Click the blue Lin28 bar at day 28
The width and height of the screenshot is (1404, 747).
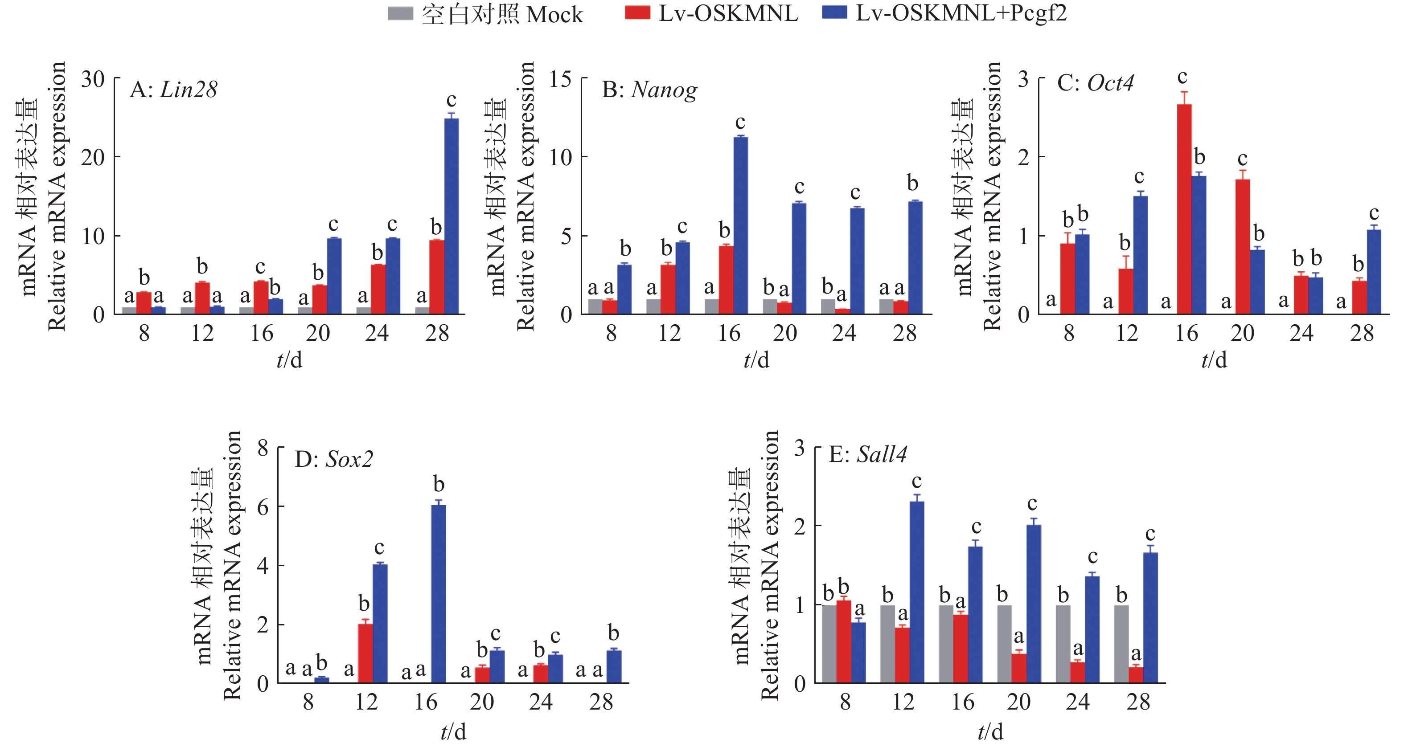pos(451,216)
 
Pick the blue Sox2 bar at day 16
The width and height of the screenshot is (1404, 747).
pos(438,594)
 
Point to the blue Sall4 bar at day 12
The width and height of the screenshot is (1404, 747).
pos(917,592)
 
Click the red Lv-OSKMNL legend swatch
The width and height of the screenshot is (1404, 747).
pos(637,13)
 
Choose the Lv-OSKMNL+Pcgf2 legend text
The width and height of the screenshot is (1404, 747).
pos(961,13)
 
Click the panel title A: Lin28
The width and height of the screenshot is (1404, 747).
pos(173,90)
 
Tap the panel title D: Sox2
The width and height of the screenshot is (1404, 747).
pos(333,460)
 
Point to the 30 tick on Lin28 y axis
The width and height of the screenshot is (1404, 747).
pos(93,80)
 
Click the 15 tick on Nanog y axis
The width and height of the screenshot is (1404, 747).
pos(560,80)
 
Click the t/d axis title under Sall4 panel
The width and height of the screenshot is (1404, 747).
pos(990,732)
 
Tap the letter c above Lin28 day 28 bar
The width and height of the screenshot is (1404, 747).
pos(451,100)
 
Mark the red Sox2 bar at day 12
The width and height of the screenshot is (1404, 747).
pos(365,653)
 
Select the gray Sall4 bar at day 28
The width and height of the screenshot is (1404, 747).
pos(1121,644)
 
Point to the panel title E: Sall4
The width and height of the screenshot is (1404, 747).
pos(868,454)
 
